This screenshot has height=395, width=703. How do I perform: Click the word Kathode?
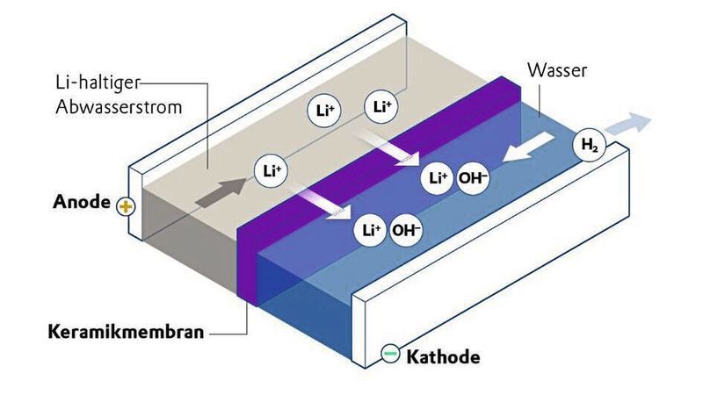tap(443, 357)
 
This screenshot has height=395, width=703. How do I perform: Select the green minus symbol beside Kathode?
tap(390, 355)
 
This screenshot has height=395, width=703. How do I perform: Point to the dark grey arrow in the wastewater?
tap(221, 189)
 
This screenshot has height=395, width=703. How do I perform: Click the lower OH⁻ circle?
tap(407, 231)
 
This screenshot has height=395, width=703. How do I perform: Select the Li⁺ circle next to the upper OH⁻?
tap(438, 178)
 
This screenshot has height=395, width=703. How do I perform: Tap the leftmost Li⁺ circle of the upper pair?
tap(321, 111)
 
